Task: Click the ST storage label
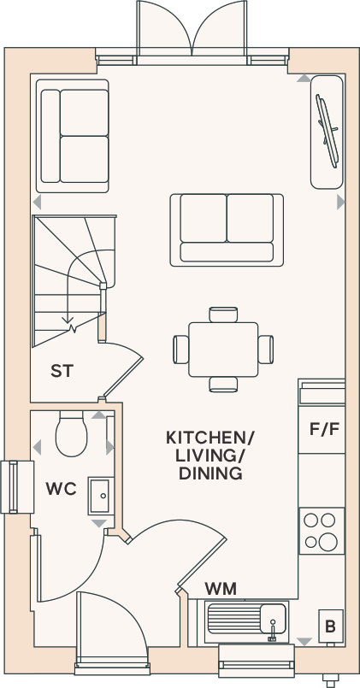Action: pyautogui.click(x=62, y=371)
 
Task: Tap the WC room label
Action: pyautogui.click(x=61, y=488)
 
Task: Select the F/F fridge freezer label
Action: pyautogui.click(x=324, y=429)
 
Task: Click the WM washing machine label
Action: pyautogui.click(x=221, y=588)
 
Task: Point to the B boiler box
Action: pyautogui.click(x=331, y=627)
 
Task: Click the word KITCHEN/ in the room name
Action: pyautogui.click(x=210, y=438)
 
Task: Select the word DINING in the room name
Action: pyautogui.click(x=210, y=473)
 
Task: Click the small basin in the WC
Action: pyautogui.click(x=101, y=497)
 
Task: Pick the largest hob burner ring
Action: pyautogui.click(x=328, y=542)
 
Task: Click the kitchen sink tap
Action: pyautogui.click(x=273, y=631)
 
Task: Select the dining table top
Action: pyautogui.click(x=223, y=350)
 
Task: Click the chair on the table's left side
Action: pyautogui.click(x=181, y=350)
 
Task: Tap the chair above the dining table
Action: pyautogui.click(x=223, y=315)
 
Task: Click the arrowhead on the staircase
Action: pyautogui.click(x=68, y=319)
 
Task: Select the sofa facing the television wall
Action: pyautogui.click(x=227, y=230)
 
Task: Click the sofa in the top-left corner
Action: pyautogui.click(x=73, y=136)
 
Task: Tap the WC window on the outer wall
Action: pyautogui.click(x=17, y=487)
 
